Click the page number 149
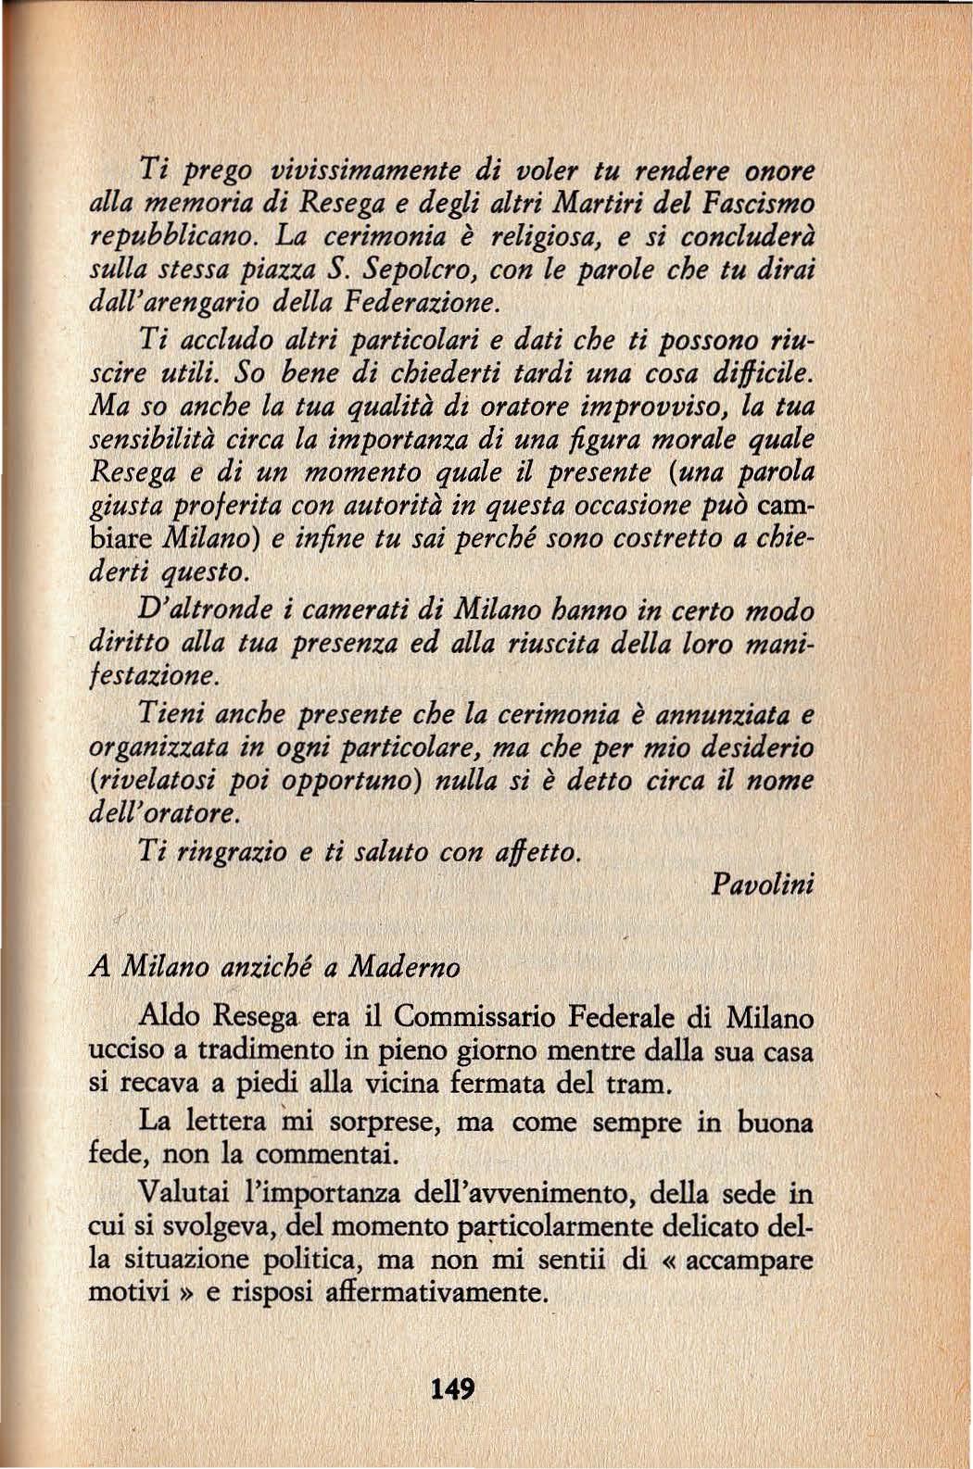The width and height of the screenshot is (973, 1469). pyautogui.click(x=453, y=1389)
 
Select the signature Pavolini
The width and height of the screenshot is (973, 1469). pyautogui.click(x=763, y=884)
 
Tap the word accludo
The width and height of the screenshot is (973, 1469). pyautogui.click(x=222, y=340)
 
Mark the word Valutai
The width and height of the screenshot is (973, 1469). pyautogui.click(x=180, y=1190)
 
